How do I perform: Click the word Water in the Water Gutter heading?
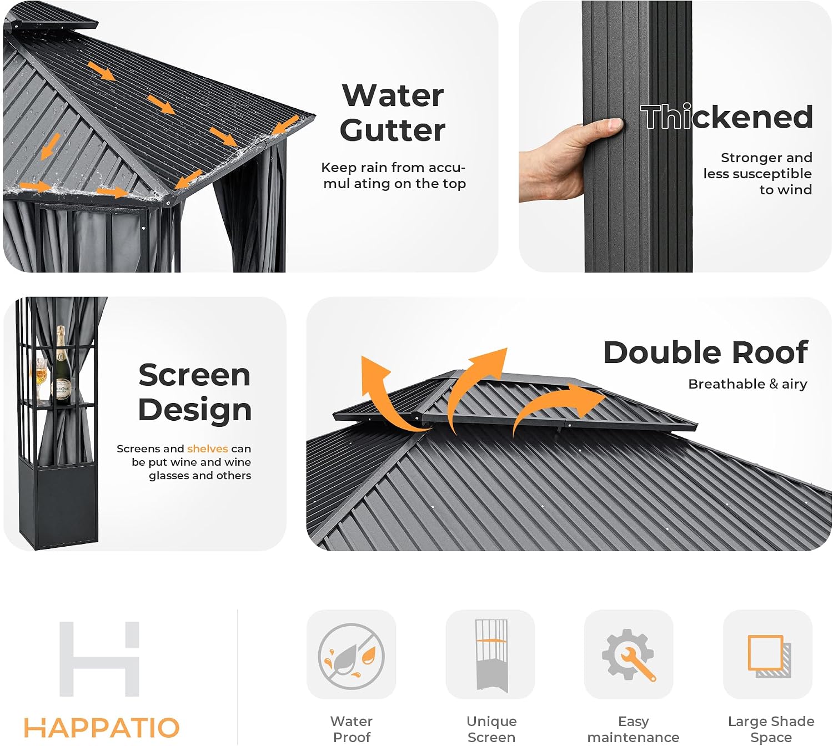click(x=393, y=95)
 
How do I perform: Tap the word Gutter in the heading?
click(x=393, y=130)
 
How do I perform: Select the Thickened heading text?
click(x=726, y=117)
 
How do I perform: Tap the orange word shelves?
click(x=207, y=448)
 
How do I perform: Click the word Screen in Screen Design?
click(x=194, y=375)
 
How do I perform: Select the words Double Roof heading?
click(x=705, y=352)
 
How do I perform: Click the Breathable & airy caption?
click(x=747, y=384)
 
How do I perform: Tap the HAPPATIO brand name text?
click(x=102, y=728)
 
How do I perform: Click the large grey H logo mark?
click(x=99, y=659)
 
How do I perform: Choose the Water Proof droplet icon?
click(x=351, y=657)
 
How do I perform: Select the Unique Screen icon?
click(x=491, y=656)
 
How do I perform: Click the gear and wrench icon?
click(x=628, y=655)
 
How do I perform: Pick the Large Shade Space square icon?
click(x=769, y=656)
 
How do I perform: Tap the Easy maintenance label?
click(x=633, y=729)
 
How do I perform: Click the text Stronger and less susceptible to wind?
click(x=757, y=173)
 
